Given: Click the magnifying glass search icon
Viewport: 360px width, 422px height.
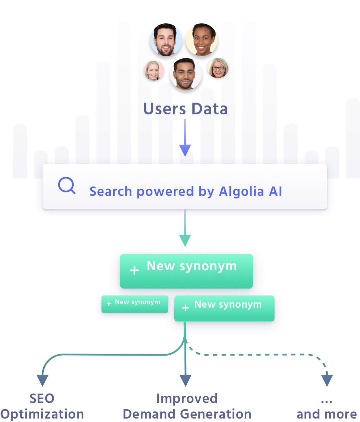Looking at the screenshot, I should pos(67,185).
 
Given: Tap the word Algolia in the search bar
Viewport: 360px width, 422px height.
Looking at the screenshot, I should pos(241,192).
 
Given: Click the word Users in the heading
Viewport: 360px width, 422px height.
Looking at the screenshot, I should pos(165,109).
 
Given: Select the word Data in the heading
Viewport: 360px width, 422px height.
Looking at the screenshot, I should pos(210,109).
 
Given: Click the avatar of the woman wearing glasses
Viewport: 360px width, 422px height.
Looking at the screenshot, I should pos(218,68).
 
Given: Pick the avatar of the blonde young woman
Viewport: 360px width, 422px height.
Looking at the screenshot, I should pos(154,70).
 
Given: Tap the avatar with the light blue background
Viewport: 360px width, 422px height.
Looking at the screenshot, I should pos(166,40).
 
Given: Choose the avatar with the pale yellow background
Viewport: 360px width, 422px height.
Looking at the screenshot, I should pos(202,40).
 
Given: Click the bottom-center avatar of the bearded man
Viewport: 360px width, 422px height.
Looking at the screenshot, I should pos(185,74).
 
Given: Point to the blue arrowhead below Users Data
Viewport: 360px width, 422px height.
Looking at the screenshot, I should pos(185,150).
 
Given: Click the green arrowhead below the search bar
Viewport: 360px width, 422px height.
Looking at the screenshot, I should pos(185,240).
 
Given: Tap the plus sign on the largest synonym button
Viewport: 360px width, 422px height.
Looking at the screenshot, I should pos(134,271).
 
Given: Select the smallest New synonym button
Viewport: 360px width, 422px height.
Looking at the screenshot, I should pos(135,304).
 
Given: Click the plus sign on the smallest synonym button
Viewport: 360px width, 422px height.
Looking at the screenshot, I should pos(109,304).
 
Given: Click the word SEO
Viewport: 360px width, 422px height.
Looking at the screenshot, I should pos(42,399).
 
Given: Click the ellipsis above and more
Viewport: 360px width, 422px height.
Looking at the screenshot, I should pos(326,401).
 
